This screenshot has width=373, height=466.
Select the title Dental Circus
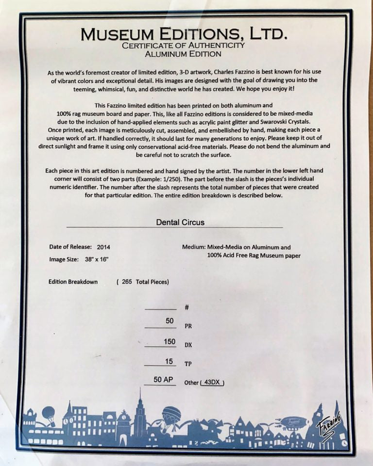coord(180,223)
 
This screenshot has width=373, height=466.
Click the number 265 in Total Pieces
coord(127,282)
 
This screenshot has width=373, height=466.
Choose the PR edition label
coord(188,326)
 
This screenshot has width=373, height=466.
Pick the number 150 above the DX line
coord(170,342)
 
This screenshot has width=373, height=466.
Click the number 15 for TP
coord(170,361)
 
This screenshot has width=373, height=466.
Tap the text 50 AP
coord(164,380)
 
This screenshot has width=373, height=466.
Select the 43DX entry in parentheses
coord(212,383)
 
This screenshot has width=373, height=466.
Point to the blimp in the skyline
coord(290,421)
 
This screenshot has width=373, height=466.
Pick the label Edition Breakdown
coord(73,282)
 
